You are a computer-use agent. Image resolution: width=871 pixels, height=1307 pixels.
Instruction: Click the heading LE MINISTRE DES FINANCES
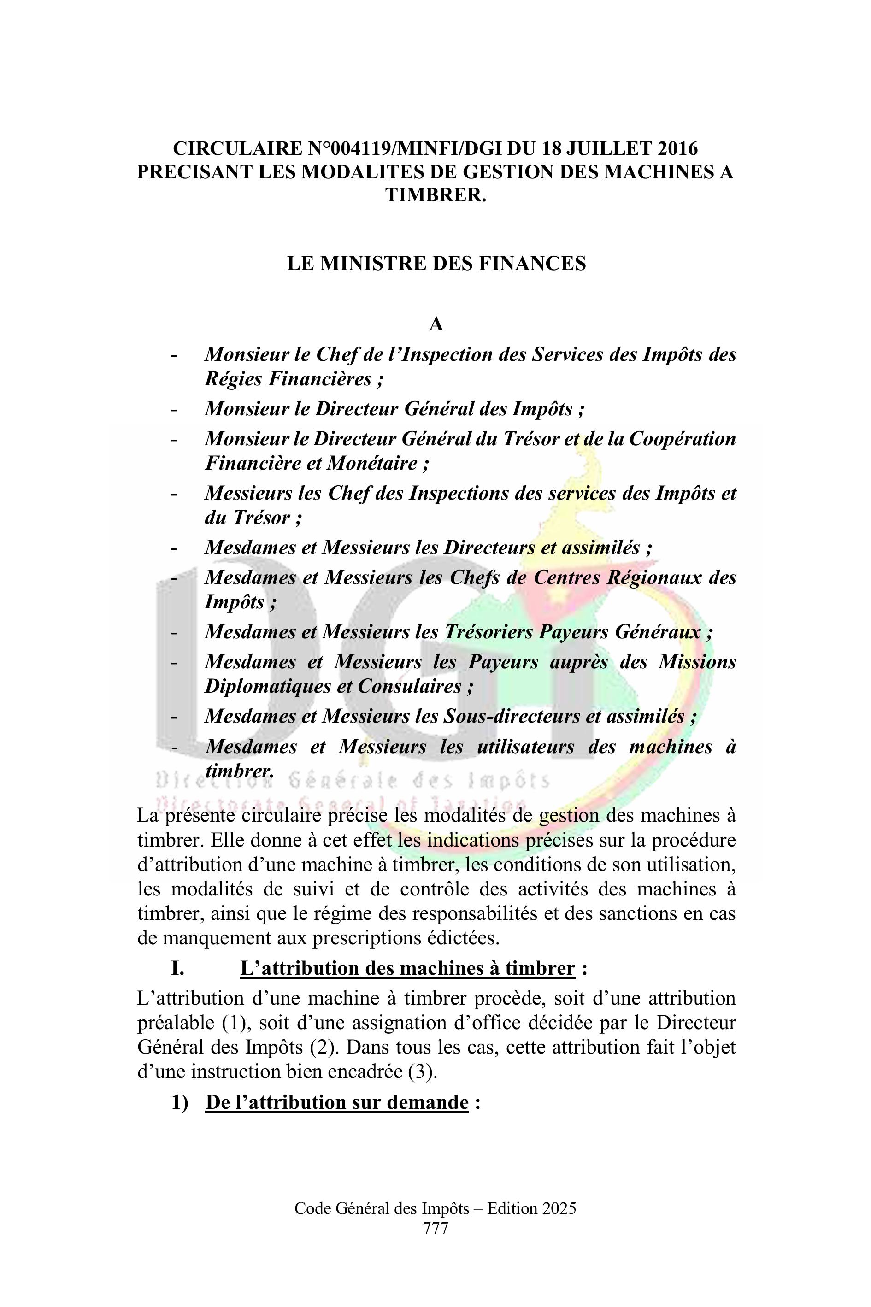[436, 263]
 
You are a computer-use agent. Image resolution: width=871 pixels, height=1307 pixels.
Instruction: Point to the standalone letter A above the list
[436, 324]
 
